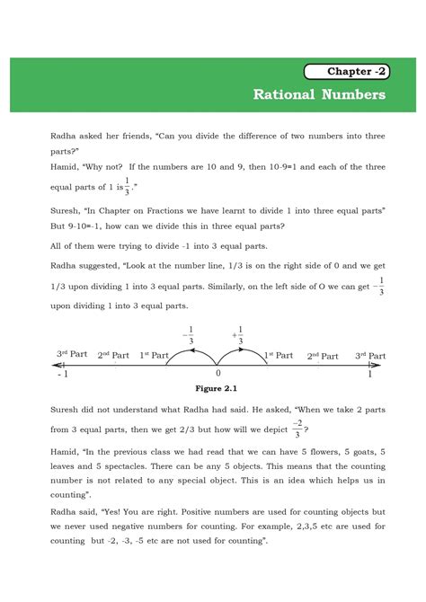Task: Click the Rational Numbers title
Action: point(319,94)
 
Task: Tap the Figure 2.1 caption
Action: point(218,389)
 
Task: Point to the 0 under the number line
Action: point(217,372)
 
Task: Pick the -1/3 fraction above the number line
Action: point(188,333)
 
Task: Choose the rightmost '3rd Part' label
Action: point(371,355)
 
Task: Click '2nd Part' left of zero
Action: point(114,356)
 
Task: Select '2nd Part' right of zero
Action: point(326,356)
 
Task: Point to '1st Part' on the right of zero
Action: point(278,356)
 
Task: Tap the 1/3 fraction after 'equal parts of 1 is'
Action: point(128,187)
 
